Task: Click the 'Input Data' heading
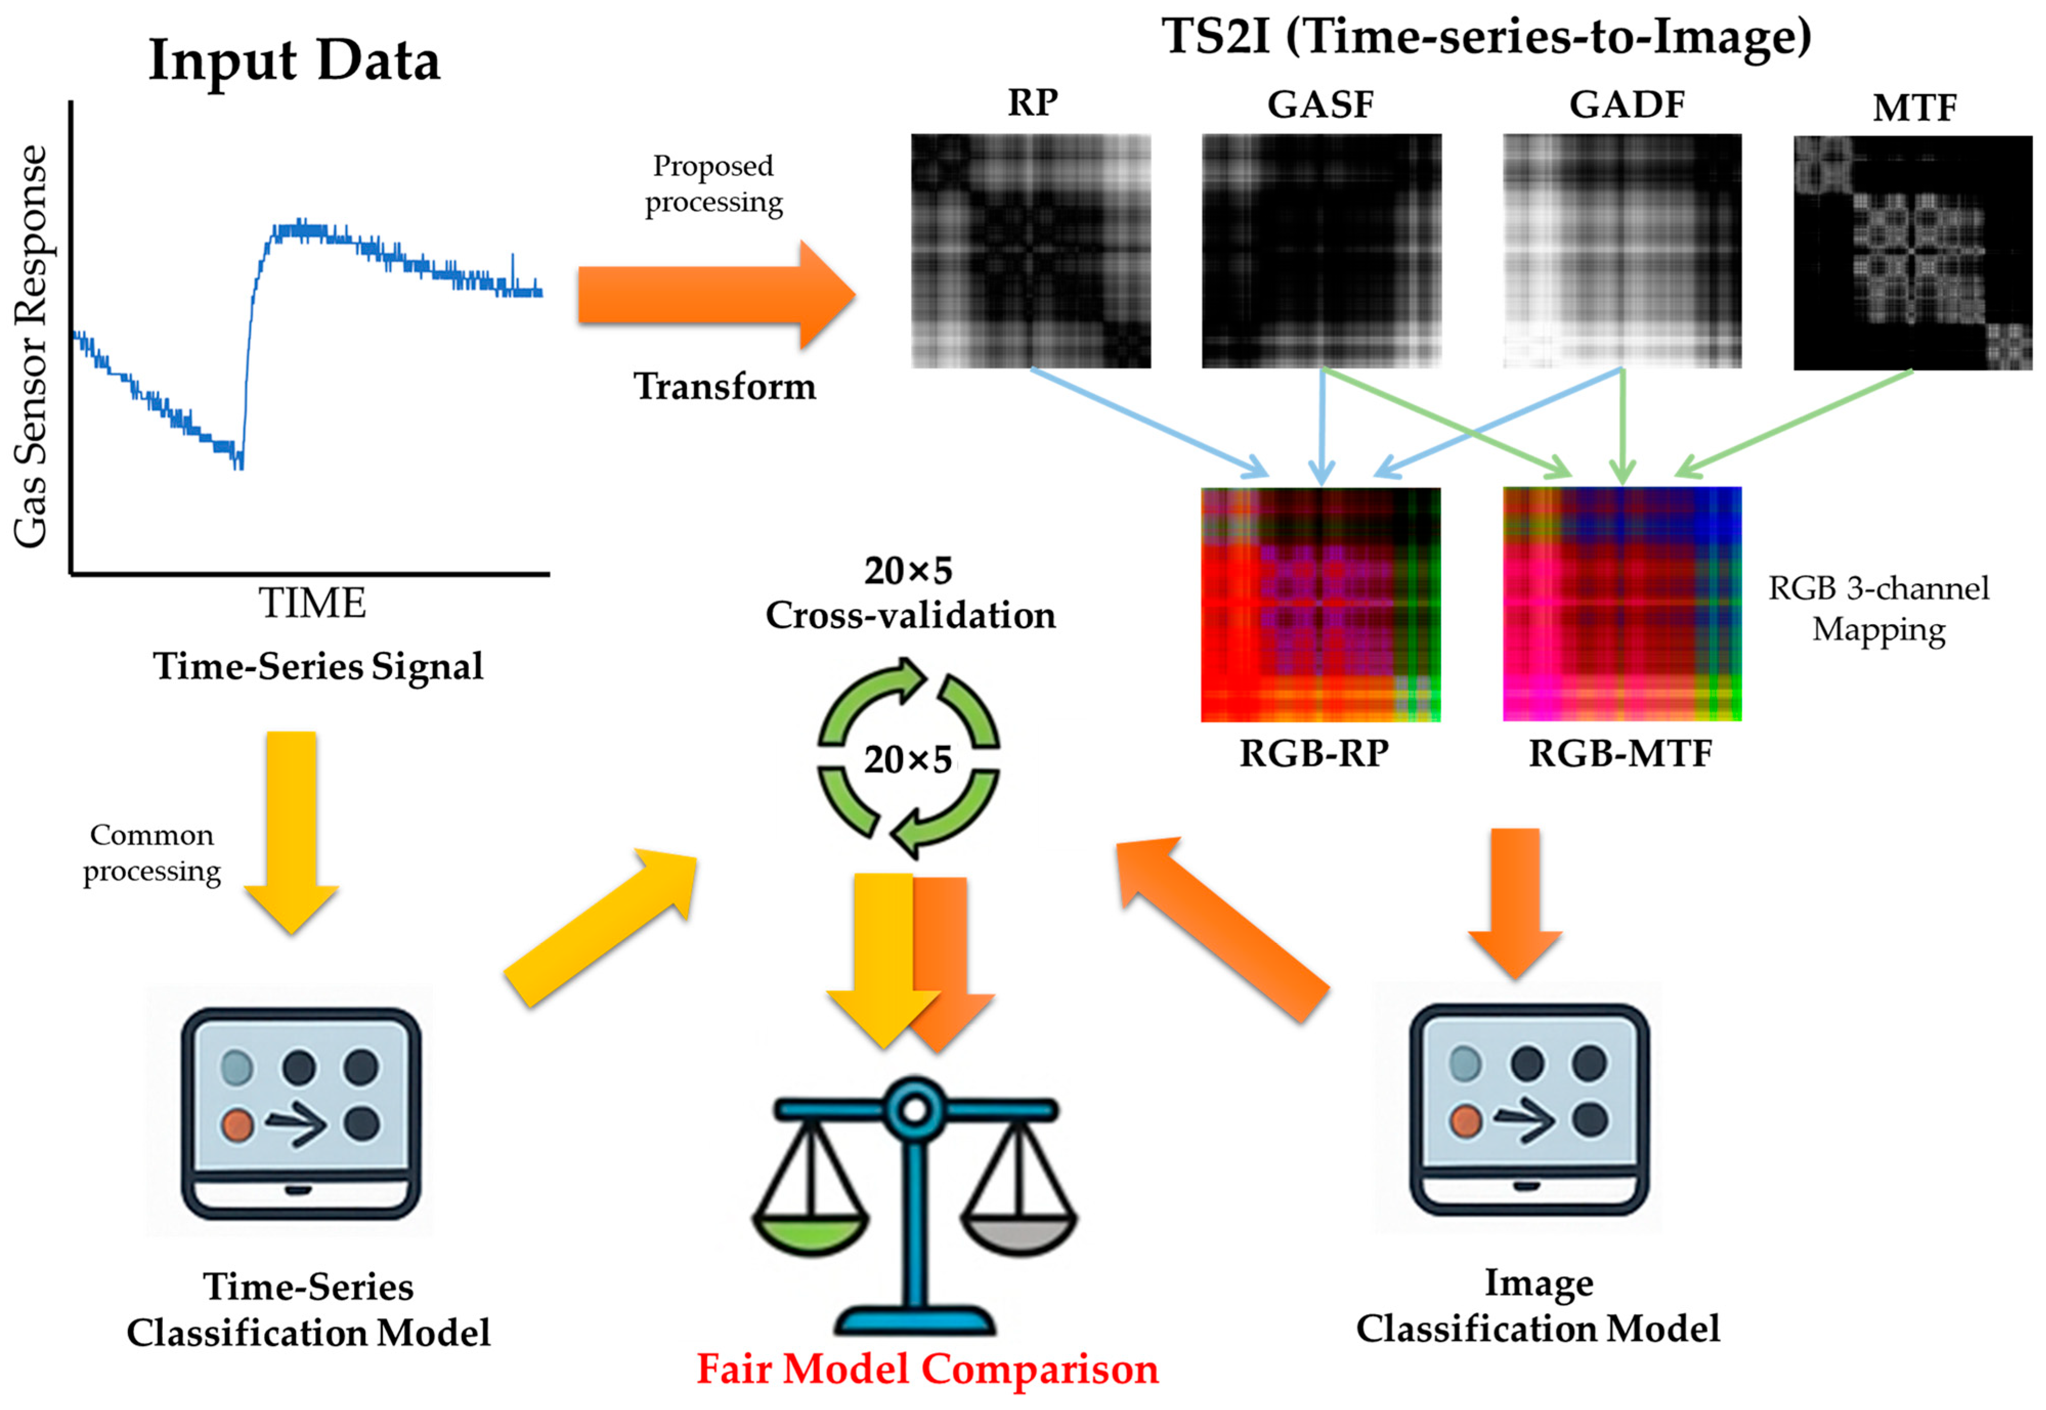[x=294, y=61]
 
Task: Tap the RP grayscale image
[x=1031, y=251]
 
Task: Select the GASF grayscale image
[x=1321, y=251]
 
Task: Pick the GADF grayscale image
[x=1621, y=251]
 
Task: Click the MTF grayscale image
[x=1912, y=253]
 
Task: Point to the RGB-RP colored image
[x=1320, y=604]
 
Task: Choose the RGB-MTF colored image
[x=1621, y=604]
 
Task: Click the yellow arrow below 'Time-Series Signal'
[x=291, y=830]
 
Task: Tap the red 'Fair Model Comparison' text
[x=927, y=1369]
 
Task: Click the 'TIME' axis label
[x=312, y=604]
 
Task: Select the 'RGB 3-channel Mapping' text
[x=1878, y=609]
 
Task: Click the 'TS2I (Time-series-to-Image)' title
[x=1486, y=37]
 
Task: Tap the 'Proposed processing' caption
[x=713, y=184]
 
